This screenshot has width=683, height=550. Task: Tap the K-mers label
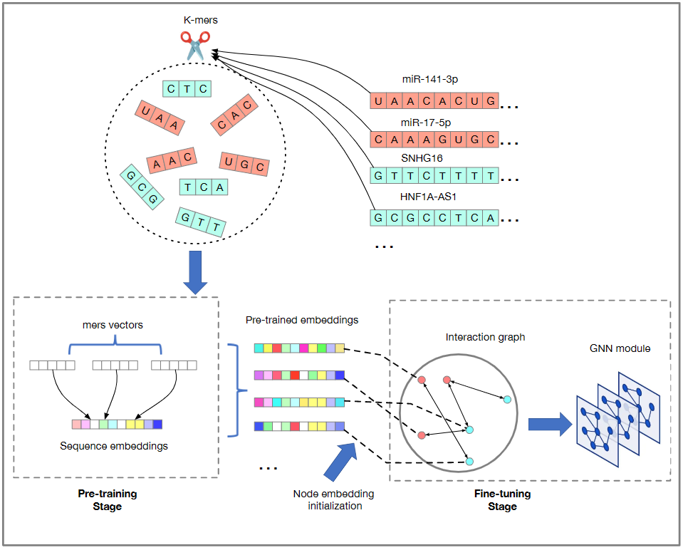point(200,20)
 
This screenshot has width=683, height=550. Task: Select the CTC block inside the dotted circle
point(187,89)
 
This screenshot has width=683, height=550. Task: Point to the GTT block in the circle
point(201,221)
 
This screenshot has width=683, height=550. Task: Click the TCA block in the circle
point(204,187)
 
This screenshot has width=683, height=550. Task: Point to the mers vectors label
point(113,325)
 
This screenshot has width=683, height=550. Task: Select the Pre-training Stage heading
point(107,499)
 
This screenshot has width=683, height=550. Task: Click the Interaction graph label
point(485,336)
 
